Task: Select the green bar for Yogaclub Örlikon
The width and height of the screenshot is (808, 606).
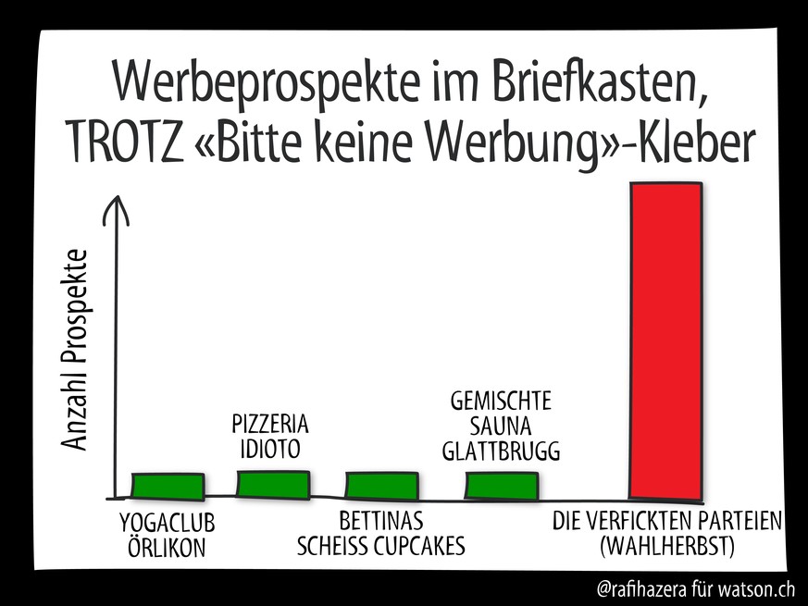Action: [168, 487]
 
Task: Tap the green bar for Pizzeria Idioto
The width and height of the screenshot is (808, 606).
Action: [273, 485]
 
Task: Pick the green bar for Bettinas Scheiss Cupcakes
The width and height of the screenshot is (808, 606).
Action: [381, 487]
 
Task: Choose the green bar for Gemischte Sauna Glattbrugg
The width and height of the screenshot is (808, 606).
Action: [501, 487]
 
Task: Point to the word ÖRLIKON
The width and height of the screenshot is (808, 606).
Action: [167, 549]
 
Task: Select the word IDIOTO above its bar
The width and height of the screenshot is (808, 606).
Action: [268, 451]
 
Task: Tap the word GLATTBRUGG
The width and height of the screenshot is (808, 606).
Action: [501, 451]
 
